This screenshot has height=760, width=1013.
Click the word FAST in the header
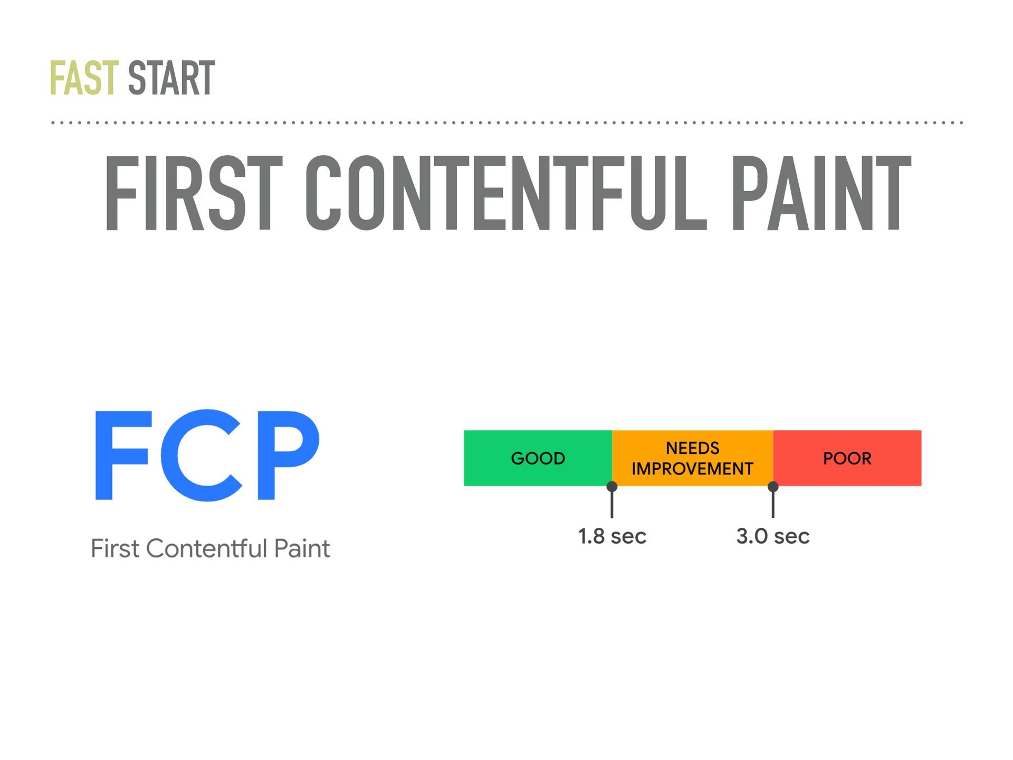point(84,78)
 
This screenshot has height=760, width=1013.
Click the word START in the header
point(171,78)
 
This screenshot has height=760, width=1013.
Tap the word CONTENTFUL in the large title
point(506,194)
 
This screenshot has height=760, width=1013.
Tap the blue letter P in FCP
point(288,455)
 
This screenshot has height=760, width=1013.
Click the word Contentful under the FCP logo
point(206,548)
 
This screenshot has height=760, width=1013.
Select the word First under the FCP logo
point(115,548)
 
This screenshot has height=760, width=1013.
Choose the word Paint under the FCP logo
point(302,548)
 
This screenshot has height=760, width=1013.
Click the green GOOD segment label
point(538,458)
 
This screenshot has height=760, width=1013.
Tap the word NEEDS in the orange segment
point(693,448)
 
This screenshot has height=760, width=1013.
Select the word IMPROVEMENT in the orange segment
point(693,469)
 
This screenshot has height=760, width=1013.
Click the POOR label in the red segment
point(847,458)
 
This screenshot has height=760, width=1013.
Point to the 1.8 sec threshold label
point(612,536)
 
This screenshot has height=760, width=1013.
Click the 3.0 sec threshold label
point(773,536)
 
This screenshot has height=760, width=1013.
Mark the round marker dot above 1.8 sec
point(612,486)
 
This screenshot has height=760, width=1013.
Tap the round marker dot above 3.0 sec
point(773,486)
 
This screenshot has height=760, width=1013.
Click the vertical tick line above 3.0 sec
point(773,505)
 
